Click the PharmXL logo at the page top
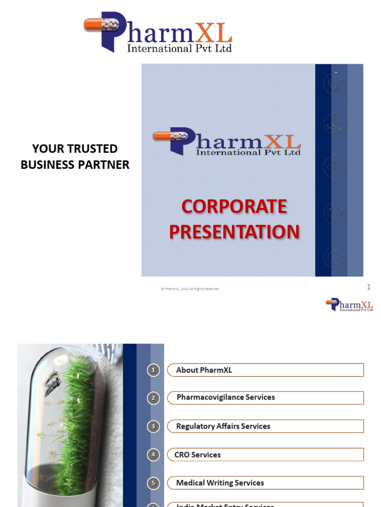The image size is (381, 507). coord(158,33)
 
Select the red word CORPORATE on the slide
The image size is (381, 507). coord(234,206)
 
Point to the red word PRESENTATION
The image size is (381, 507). coord(234,232)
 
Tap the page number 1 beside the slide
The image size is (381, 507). coord(369,287)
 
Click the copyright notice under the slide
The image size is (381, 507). coord(190,289)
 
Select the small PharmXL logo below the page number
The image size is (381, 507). coord(349,304)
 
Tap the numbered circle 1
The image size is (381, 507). coord(154,370)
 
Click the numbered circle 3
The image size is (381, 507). coord(154,426)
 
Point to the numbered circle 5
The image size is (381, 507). coord(154,483)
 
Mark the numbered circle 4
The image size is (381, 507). coord(154,455)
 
